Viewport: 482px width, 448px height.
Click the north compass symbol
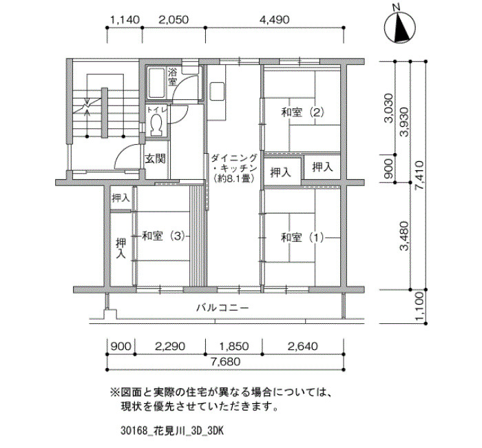pyautogui.click(x=400, y=27)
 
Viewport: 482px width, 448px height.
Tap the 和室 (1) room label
pyautogui.click(x=302, y=238)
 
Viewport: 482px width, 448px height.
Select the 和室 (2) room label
pyautogui.click(x=302, y=112)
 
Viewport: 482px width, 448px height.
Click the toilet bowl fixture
pyautogui.click(x=156, y=123)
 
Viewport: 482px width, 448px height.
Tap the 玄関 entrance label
pyautogui.click(x=155, y=159)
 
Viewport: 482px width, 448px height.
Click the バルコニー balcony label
pyautogui.click(x=222, y=307)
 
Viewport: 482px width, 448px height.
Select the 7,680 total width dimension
pyautogui.click(x=225, y=362)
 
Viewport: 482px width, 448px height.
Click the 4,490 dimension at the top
pyautogui.click(x=275, y=20)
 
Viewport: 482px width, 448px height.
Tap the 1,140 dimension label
pyautogui.click(x=125, y=20)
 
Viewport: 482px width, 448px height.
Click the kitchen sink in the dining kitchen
pyautogui.click(x=216, y=92)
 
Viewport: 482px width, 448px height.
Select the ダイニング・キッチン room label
pyautogui.click(x=234, y=168)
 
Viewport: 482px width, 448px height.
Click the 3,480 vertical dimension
pyautogui.click(x=405, y=236)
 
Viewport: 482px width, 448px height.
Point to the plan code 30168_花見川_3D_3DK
pyautogui.click(x=171, y=431)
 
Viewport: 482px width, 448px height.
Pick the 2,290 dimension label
pyautogui.click(x=170, y=347)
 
